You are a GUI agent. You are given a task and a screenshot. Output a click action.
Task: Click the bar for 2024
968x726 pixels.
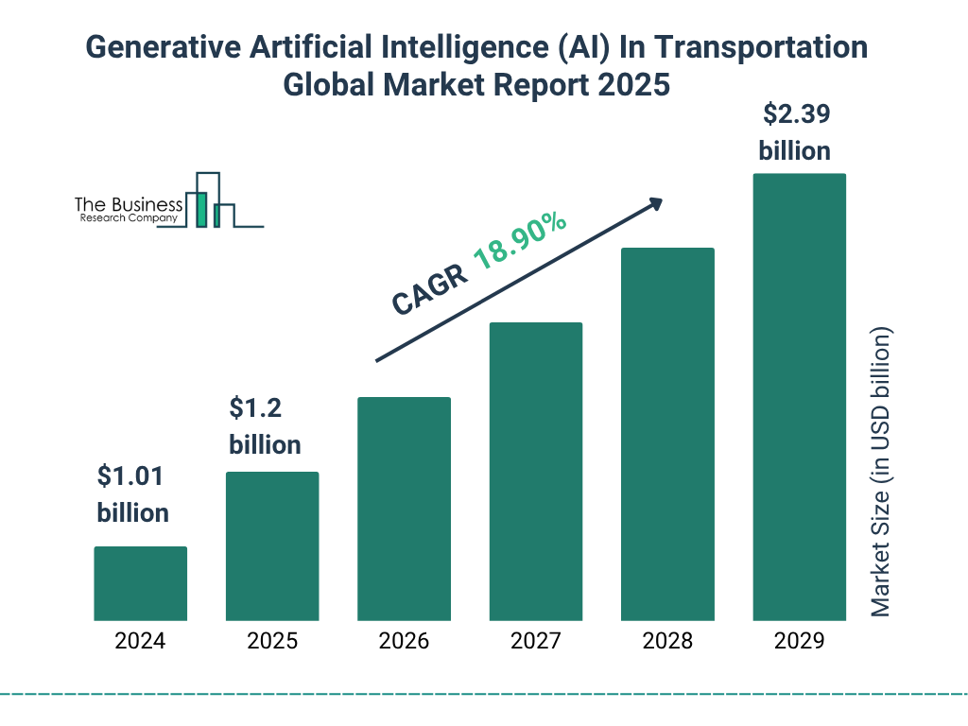[140, 583]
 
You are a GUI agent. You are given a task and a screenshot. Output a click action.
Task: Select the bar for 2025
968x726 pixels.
[272, 546]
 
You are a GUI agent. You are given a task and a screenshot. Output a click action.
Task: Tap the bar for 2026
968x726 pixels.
[404, 509]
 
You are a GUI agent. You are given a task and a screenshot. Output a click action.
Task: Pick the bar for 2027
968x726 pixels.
[535, 472]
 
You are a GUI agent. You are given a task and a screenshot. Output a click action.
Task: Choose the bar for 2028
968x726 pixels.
[667, 434]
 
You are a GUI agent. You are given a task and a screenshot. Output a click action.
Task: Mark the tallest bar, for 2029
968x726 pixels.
[799, 397]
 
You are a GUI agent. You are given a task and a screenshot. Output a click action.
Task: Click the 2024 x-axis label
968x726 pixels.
[140, 641]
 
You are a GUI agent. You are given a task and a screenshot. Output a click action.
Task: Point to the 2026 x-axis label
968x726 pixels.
[404, 641]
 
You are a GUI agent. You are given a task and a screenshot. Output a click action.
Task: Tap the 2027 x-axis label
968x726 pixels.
[535, 641]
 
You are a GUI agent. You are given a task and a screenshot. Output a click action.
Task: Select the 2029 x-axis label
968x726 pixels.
[799, 641]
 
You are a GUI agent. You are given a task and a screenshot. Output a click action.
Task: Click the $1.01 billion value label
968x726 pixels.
[132, 494]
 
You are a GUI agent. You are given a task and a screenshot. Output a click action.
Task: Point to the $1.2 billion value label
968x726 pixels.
[265, 426]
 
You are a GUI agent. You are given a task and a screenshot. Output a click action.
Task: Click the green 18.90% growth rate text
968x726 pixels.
[520, 242]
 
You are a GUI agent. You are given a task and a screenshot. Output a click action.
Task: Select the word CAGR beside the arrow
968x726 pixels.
[430, 288]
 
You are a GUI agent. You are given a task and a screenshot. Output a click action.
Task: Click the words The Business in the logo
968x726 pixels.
[129, 204]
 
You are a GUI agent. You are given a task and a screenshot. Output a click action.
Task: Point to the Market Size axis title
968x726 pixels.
[881, 473]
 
